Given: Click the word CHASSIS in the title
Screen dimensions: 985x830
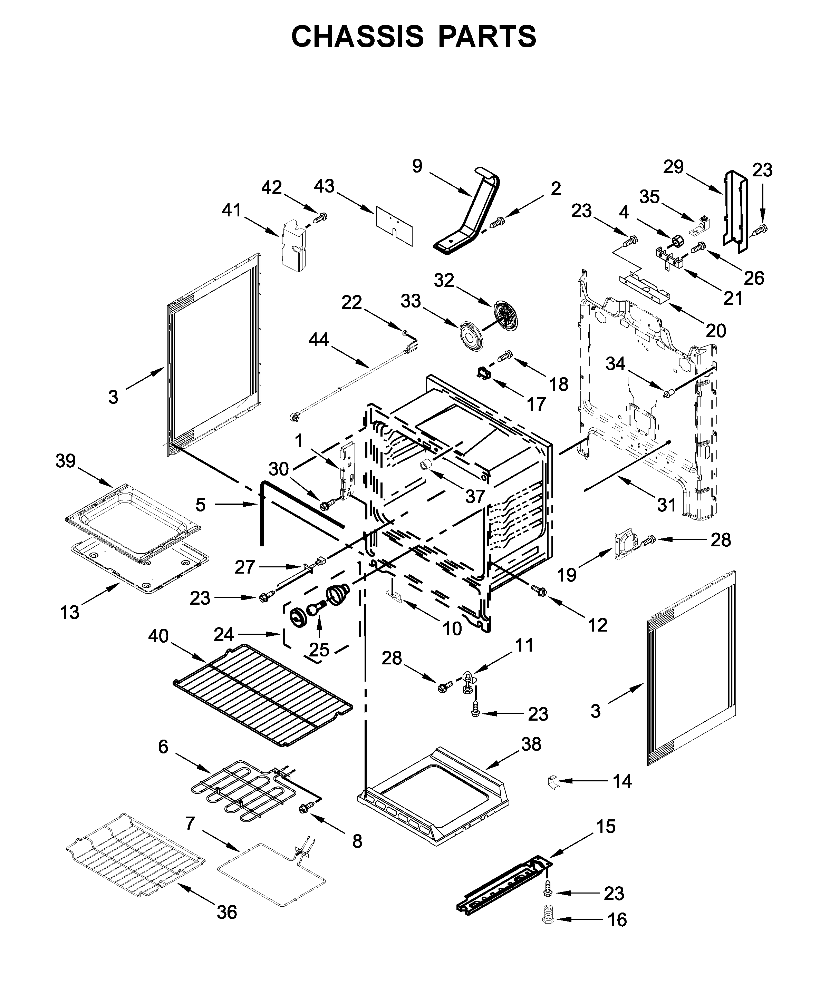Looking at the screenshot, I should (357, 37).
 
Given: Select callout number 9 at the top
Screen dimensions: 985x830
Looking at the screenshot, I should (417, 166).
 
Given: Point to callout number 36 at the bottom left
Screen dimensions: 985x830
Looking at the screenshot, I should (226, 913).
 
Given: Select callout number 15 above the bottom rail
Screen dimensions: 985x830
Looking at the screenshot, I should (606, 827).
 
